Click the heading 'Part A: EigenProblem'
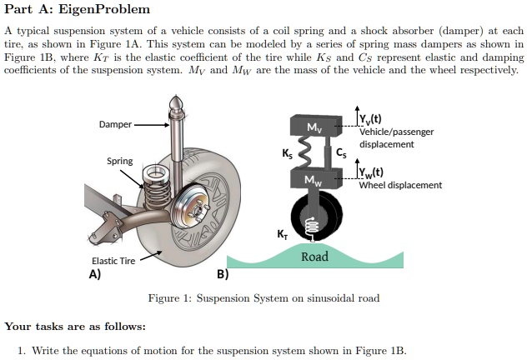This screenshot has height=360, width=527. (78, 10)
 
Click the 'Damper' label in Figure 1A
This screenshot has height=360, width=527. (114, 124)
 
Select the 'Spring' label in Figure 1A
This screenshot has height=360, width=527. (119, 160)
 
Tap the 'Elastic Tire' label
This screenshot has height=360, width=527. (113, 261)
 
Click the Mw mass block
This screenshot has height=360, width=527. (313, 180)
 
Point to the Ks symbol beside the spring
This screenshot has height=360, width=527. (288, 153)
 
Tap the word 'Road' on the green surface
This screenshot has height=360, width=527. (314, 257)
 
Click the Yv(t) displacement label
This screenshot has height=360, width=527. (371, 117)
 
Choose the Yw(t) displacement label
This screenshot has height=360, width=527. (371, 173)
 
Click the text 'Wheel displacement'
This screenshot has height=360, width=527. (400, 185)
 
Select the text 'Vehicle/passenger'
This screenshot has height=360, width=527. (396, 132)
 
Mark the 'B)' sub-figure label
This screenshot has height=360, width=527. (223, 273)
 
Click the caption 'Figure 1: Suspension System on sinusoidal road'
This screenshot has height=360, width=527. (263, 298)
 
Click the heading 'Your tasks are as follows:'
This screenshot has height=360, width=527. (75, 327)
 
